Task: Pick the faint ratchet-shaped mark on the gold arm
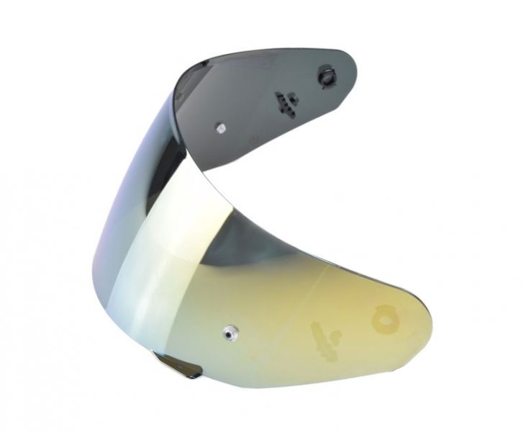click(x=321, y=338)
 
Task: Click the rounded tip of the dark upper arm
click(x=353, y=65)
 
